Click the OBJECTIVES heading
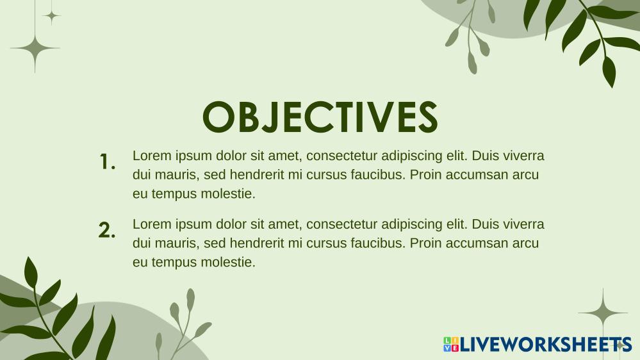click(320, 117)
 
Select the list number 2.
click(107, 231)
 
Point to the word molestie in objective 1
click(229, 193)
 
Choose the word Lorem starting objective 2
click(151, 224)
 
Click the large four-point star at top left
click(35, 48)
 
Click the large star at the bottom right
click(603, 313)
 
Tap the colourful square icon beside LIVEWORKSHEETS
click(451, 345)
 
